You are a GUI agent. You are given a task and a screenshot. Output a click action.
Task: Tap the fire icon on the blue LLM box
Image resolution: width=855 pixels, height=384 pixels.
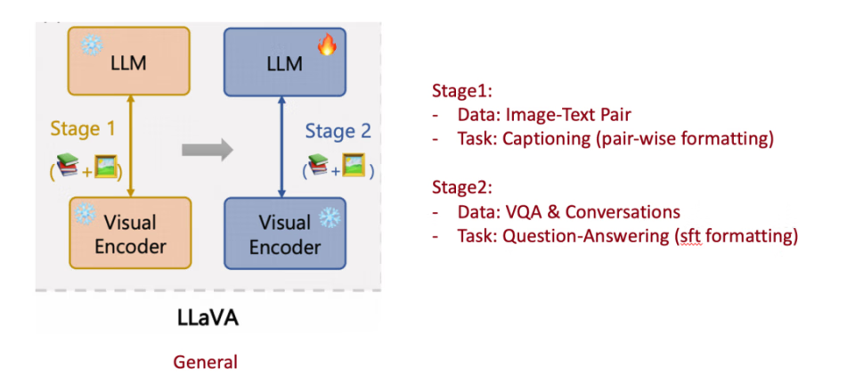(x=327, y=44)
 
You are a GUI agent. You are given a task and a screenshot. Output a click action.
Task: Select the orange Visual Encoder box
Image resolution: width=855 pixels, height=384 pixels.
(x=130, y=233)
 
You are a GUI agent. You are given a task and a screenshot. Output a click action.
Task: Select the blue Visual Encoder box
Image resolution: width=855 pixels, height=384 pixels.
(x=284, y=233)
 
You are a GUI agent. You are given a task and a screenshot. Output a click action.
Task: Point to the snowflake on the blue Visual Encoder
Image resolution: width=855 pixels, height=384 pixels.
(x=329, y=217)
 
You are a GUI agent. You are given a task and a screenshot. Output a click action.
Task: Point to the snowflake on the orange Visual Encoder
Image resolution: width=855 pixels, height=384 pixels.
(x=85, y=215)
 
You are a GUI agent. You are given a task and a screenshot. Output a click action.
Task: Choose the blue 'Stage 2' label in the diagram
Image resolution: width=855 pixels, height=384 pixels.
(x=338, y=132)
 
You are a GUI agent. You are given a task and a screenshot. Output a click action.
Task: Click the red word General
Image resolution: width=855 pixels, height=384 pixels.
(x=206, y=362)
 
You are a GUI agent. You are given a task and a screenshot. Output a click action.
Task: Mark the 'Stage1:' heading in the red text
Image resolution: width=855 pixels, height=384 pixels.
(x=460, y=92)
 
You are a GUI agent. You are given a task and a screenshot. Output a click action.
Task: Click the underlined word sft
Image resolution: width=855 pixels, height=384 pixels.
(x=690, y=236)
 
